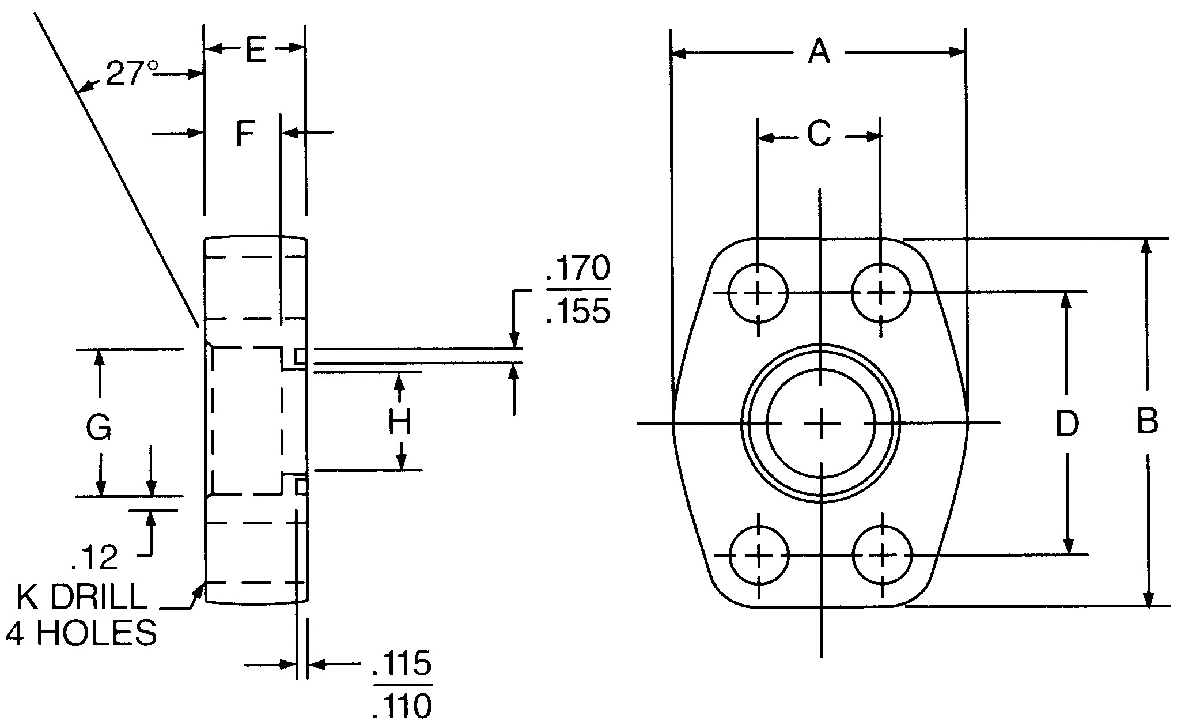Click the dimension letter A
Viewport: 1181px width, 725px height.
(x=819, y=52)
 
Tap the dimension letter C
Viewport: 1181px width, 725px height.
(x=819, y=134)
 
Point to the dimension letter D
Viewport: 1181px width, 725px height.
(x=1066, y=424)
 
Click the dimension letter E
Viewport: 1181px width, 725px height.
(x=256, y=50)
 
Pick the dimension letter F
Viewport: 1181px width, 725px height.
(x=245, y=134)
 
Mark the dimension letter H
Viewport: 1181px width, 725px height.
(x=399, y=422)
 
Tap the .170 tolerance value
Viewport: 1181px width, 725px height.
(x=578, y=269)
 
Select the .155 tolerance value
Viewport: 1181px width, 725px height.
(x=578, y=312)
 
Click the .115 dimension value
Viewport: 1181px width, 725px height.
(x=402, y=663)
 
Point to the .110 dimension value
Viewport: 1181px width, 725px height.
(x=402, y=706)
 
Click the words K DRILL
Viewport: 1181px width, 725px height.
(x=81, y=598)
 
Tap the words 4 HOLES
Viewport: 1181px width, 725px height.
(x=81, y=633)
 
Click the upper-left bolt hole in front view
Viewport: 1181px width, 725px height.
(x=758, y=293)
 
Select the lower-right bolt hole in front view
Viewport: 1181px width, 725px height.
(x=881, y=556)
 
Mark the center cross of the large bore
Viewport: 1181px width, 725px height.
(x=821, y=424)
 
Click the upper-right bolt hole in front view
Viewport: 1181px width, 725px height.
(x=881, y=293)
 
